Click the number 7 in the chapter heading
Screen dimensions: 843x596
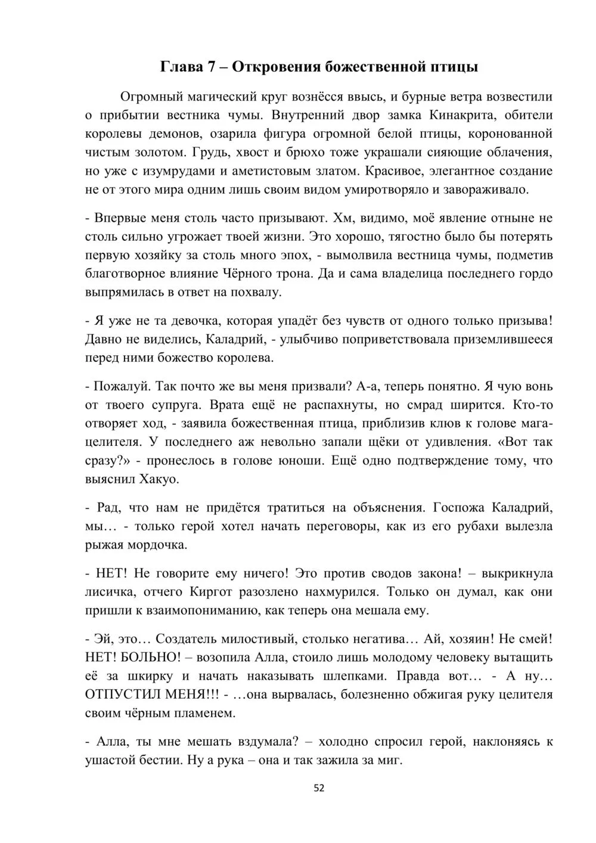(x=210, y=67)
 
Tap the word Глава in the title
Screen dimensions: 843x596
(x=181, y=67)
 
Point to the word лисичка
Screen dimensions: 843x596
(x=112, y=592)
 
